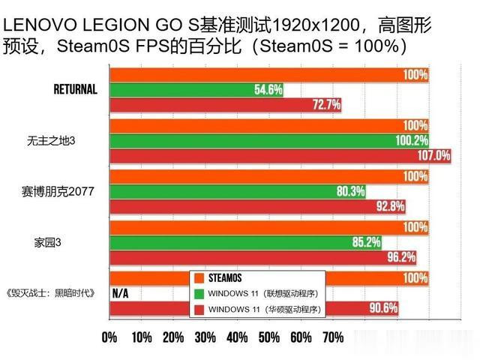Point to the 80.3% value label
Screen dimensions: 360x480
click(350, 190)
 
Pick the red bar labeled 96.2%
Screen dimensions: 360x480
click(262, 256)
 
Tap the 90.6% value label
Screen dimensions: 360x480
click(383, 308)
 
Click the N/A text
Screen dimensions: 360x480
click(120, 293)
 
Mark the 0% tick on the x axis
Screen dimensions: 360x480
click(109, 337)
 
